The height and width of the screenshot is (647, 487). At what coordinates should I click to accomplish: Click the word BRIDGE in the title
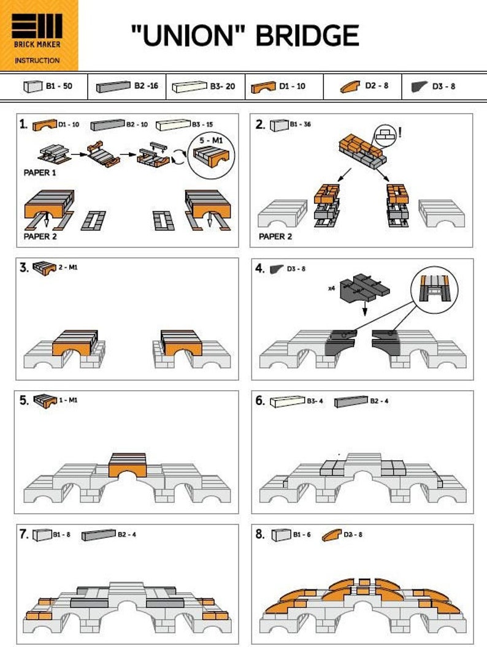(x=307, y=35)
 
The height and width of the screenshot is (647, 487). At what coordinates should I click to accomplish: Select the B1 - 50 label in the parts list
(x=59, y=86)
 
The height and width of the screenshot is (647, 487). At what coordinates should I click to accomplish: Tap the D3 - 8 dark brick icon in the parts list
(x=419, y=87)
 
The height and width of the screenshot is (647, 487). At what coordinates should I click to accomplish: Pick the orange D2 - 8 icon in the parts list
(x=350, y=87)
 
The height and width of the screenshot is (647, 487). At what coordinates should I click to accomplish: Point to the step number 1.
(x=23, y=125)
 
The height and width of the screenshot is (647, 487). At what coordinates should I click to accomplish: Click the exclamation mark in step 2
(x=400, y=131)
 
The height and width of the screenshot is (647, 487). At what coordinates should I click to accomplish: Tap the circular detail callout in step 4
(x=434, y=288)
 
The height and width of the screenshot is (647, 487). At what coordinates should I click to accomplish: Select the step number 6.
(x=260, y=401)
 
